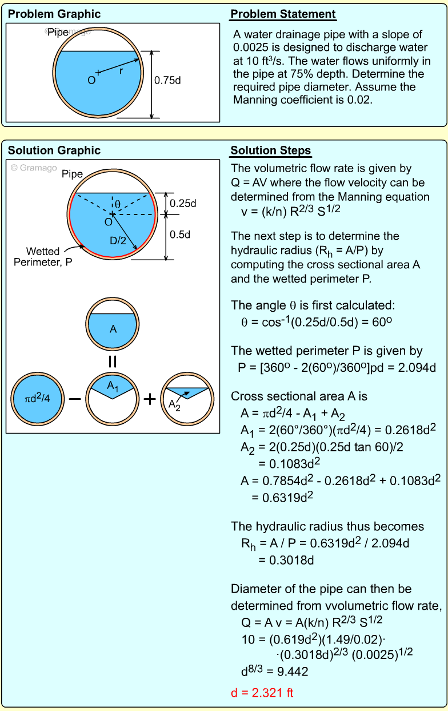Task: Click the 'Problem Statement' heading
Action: (283, 14)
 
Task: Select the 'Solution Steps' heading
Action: (270, 151)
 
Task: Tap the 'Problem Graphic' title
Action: (54, 14)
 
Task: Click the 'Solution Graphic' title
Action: (54, 151)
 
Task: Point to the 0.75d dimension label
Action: (167, 81)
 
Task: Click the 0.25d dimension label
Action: (183, 203)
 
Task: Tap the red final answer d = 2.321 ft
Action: (262, 693)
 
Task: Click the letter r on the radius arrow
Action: (121, 72)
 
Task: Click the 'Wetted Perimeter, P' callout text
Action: (49, 257)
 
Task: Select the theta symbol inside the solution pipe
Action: (118, 204)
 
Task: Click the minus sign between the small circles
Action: (75, 399)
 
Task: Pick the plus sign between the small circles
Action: (149, 399)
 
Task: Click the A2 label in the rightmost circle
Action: (174, 404)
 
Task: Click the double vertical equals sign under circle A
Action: (113, 362)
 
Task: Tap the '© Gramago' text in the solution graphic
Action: (33, 168)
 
